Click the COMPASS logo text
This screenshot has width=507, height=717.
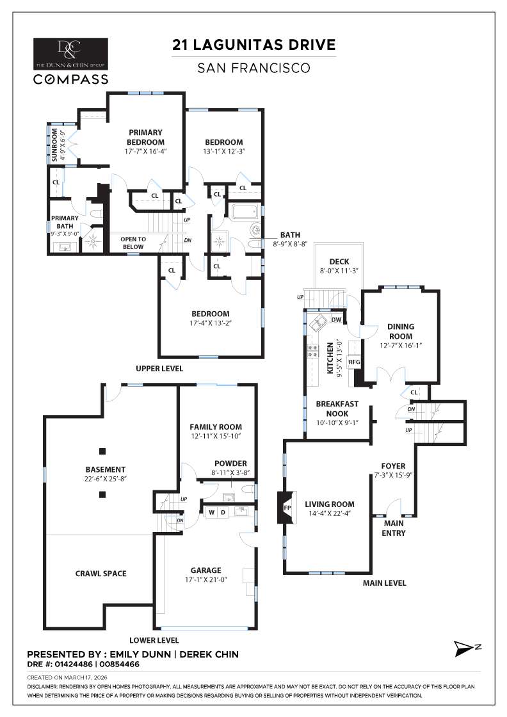click(x=70, y=79)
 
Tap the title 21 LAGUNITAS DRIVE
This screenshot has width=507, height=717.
click(x=254, y=45)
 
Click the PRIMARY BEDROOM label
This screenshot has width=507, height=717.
click(x=145, y=137)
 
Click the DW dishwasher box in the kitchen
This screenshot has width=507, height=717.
click(x=336, y=320)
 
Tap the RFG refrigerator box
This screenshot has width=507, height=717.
click(x=355, y=362)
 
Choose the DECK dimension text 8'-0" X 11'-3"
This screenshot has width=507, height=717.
click(x=338, y=271)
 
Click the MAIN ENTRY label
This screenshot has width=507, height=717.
click(x=393, y=528)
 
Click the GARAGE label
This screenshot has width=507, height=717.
click(x=205, y=570)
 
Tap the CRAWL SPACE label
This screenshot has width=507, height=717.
click(x=101, y=573)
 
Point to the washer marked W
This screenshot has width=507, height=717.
click(x=211, y=512)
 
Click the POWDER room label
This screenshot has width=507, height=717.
click(x=231, y=463)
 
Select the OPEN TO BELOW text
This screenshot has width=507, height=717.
click(x=134, y=243)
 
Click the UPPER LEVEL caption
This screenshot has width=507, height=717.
click(x=159, y=369)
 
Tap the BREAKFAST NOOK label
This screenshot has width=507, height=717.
click(x=337, y=408)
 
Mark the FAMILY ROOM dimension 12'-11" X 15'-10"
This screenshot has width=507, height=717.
click(x=216, y=436)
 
